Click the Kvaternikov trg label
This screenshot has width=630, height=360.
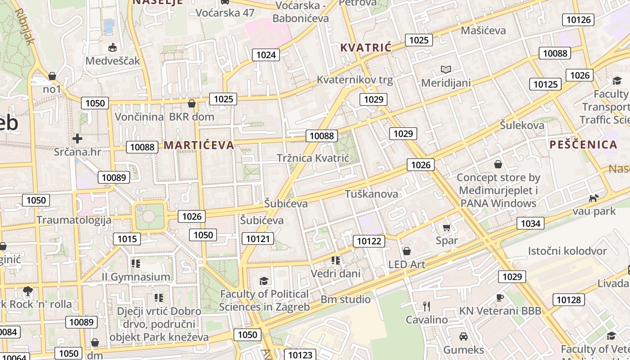[x=355, y=80]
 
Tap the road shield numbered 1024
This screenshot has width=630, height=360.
[x=265, y=55]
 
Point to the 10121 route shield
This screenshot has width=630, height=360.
[x=258, y=238]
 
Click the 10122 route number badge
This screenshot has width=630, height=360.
[x=369, y=241]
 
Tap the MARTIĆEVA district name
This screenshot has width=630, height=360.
[x=199, y=145]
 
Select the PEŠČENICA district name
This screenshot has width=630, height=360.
[x=583, y=144]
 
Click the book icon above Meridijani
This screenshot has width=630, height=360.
[x=445, y=69]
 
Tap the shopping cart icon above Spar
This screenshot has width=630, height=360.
[x=446, y=227]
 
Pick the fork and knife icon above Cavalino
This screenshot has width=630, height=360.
[x=427, y=306]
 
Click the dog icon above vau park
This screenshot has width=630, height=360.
[x=594, y=198]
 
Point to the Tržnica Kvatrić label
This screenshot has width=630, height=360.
[x=313, y=158]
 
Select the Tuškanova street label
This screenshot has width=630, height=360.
[x=371, y=194]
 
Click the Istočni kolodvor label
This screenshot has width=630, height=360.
[x=567, y=251]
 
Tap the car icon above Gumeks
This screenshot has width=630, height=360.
[x=463, y=336]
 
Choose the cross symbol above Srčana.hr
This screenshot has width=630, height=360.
[x=77, y=138]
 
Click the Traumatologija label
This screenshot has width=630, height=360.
[x=74, y=220]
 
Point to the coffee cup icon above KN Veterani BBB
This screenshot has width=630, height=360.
[x=499, y=297]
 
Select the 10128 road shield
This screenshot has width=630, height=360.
[x=569, y=300]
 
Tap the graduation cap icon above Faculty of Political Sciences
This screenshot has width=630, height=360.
[x=264, y=281]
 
